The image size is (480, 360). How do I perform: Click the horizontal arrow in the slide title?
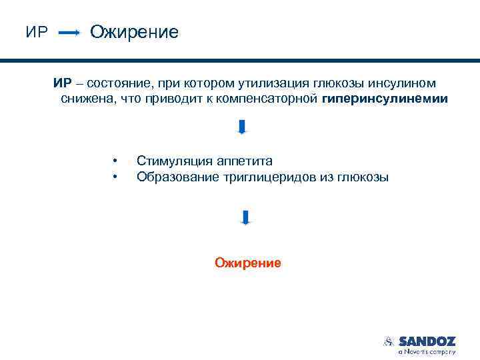70,32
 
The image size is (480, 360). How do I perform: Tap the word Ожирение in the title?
134,31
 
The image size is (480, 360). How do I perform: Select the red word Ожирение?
248,263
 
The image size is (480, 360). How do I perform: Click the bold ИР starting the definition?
63,83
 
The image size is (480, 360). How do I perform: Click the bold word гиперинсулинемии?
385,99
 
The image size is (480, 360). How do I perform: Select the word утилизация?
271,83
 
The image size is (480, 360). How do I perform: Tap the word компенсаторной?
274,99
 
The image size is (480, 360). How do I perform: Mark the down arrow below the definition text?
242,127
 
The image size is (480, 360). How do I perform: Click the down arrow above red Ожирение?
245,217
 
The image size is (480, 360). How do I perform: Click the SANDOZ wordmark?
427,340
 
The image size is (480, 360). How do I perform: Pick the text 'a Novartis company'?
427,351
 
